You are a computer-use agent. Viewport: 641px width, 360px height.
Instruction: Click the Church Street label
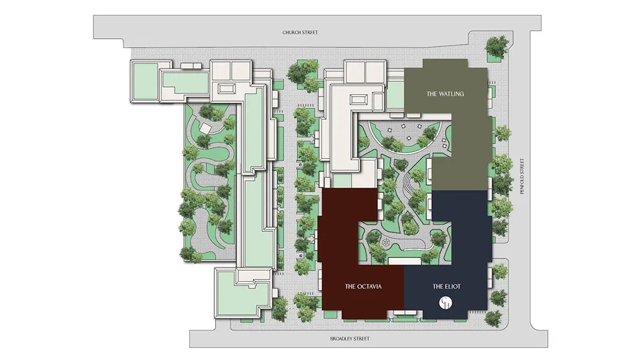pos(300,32)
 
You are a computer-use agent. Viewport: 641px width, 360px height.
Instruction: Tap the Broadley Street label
pos(350,339)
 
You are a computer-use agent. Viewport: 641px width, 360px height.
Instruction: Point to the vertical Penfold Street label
pos(522,176)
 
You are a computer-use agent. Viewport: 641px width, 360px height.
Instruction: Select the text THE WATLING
pos(445,94)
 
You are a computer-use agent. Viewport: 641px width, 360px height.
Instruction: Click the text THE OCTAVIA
pos(363,286)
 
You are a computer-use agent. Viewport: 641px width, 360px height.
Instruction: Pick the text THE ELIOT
pos(446,286)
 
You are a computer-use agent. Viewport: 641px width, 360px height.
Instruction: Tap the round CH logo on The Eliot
pos(446,303)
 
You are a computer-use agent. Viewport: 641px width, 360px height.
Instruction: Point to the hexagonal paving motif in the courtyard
pos(385,243)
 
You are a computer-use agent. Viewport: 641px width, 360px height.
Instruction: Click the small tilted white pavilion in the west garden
pos(205,129)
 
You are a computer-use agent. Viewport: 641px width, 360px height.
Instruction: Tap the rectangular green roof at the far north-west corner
pos(145,81)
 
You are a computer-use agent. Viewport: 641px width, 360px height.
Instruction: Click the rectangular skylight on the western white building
pos(226,88)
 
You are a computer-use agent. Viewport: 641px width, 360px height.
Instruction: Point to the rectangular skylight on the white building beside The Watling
pos(357,99)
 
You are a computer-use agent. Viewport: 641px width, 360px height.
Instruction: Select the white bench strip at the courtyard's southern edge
pos(404,261)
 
